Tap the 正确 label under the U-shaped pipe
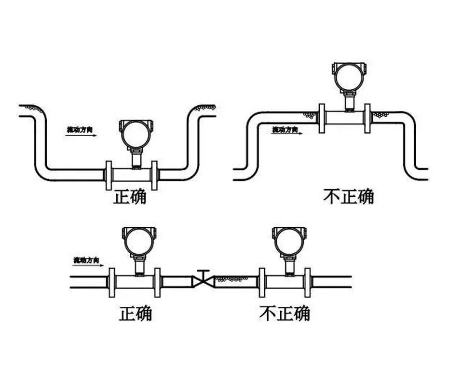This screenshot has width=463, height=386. pyautogui.click(x=130, y=197)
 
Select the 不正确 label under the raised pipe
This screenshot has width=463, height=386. pyautogui.click(x=349, y=196)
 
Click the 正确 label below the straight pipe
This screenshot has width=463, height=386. pyautogui.click(x=136, y=314)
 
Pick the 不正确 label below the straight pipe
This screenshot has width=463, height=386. pyautogui.click(x=285, y=314)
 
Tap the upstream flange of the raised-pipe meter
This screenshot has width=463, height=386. pyautogui.click(x=322, y=118)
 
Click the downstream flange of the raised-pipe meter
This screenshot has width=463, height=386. pyautogui.click(x=368, y=118)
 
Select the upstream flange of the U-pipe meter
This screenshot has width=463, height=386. pyautogui.click(x=109, y=176)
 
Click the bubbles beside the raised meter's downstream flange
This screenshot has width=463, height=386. pyautogui.click(x=381, y=115)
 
